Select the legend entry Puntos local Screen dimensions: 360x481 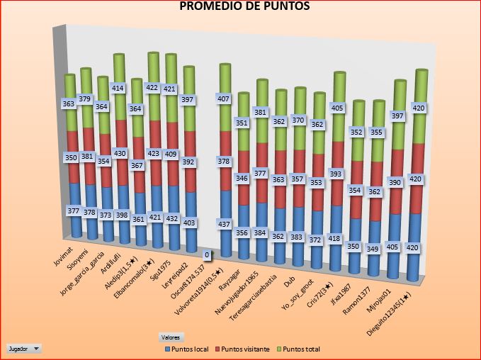tap(189, 349)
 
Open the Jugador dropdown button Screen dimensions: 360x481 tap(24, 349)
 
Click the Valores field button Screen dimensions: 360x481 tap(171, 337)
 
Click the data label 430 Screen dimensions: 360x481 tap(120, 154)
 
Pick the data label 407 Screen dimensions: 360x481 tap(224, 99)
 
